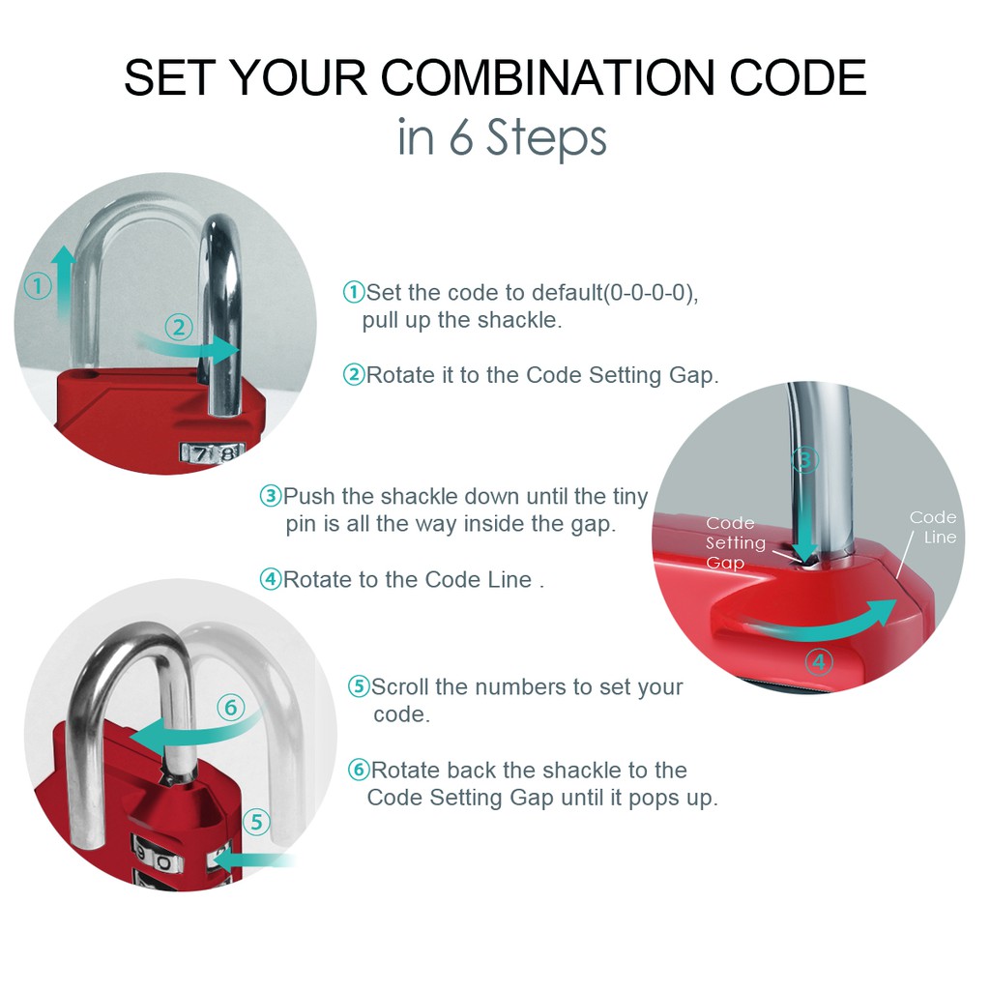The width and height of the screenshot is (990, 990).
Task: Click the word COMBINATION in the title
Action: click(x=549, y=78)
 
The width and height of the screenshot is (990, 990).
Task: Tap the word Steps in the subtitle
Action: click(x=547, y=138)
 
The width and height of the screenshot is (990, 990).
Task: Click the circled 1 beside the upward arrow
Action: click(x=38, y=286)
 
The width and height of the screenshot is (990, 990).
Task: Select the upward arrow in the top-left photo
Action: click(x=62, y=281)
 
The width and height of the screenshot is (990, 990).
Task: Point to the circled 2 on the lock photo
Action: click(x=179, y=327)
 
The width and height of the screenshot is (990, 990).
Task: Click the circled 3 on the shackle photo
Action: click(x=805, y=459)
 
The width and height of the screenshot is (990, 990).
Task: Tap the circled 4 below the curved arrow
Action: click(x=819, y=661)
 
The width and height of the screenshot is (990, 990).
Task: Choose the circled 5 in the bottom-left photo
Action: click(x=256, y=822)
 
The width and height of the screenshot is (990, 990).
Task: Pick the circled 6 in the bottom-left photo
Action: click(x=231, y=707)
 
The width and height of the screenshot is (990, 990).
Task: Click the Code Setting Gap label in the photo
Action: click(x=736, y=542)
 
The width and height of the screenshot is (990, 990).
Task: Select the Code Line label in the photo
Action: click(x=933, y=527)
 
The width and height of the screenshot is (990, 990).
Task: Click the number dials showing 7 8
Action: click(x=212, y=452)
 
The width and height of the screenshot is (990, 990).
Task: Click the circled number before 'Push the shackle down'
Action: click(x=271, y=496)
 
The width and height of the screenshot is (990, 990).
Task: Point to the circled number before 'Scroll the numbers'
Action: click(x=360, y=686)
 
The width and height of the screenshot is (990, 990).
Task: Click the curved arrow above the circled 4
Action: click(x=820, y=620)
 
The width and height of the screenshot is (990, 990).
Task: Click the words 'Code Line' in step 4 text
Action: click(x=478, y=580)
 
